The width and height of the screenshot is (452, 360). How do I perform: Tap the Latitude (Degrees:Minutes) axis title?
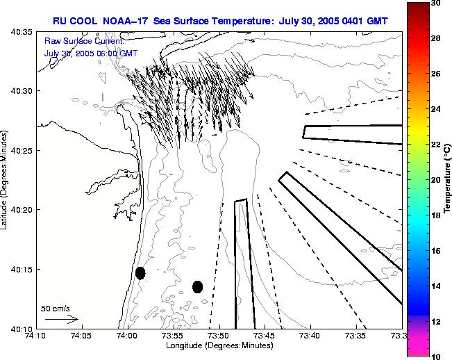pos(6,180)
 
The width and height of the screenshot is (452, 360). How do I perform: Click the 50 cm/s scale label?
pos(56,308)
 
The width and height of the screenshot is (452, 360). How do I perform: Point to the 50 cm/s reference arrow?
pos(61,319)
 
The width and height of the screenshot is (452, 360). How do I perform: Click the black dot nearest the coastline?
pos(140,273)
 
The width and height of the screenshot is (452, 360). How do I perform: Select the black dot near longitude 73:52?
pos(197,286)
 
